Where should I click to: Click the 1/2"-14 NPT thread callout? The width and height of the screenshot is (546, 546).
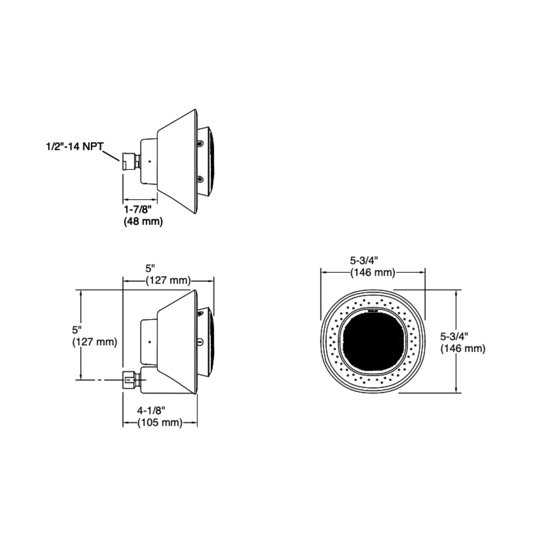tap(75, 147)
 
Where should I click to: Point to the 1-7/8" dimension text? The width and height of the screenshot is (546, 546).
tap(138, 210)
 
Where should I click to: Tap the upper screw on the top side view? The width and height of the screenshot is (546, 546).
tap(200, 144)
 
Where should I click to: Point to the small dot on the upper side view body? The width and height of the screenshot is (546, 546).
tap(150, 162)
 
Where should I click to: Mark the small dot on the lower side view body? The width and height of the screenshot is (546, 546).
tap(150, 342)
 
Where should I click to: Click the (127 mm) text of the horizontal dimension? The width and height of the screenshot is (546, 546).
tap(168, 281)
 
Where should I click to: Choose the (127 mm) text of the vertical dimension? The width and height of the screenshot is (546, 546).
tap(95, 342)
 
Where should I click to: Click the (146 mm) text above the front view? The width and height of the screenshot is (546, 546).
tap(373, 273)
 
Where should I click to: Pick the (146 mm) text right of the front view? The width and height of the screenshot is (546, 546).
tap(463, 349)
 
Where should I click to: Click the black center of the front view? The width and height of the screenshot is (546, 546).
tap(373, 342)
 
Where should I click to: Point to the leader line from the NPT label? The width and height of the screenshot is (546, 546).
tap(111, 156)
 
